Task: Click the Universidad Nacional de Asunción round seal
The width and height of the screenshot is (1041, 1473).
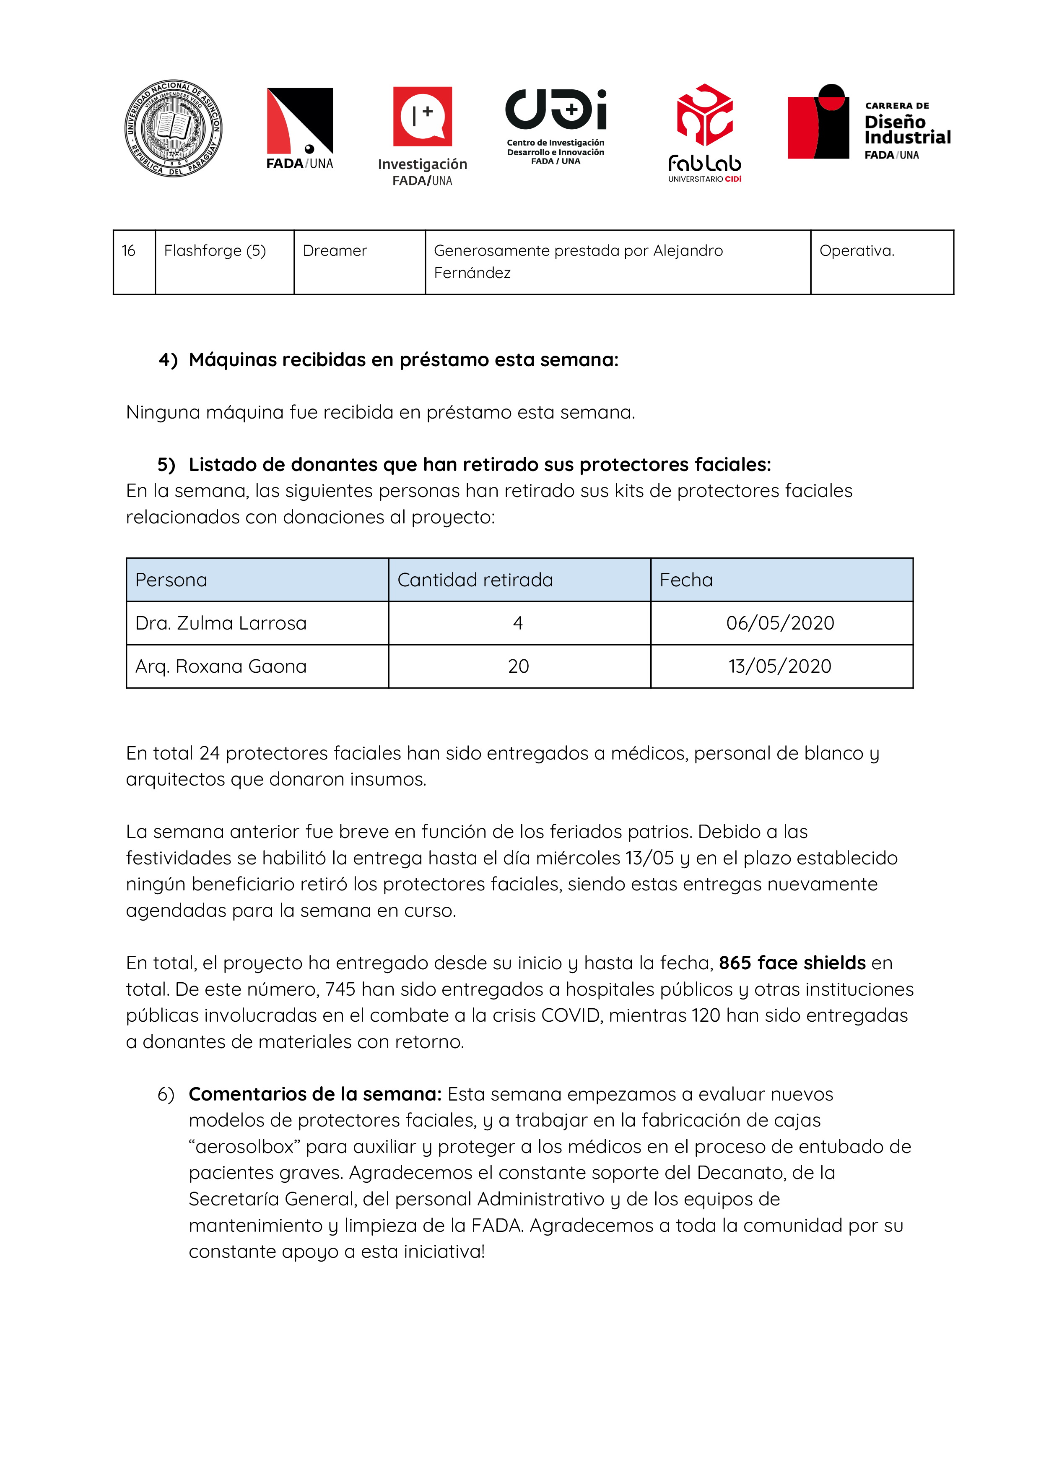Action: (x=173, y=128)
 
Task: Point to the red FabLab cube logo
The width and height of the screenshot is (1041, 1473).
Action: (x=704, y=115)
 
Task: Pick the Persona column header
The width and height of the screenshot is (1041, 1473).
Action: (x=171, y=580)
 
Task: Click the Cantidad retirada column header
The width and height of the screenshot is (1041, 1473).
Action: (x=475, y=580)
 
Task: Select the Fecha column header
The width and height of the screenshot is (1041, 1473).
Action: (x=685, y=580)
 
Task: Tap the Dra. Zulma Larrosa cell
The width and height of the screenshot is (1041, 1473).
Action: (x=221, y=623)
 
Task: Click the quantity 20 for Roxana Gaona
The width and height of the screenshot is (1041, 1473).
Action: (x=518, y=666)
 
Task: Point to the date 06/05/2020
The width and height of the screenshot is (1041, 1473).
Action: (x=780, y=623)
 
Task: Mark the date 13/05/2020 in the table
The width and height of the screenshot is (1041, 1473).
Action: (x=780, y=666)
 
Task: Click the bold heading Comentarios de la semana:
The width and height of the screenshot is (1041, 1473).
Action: (x=315, y=1094)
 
